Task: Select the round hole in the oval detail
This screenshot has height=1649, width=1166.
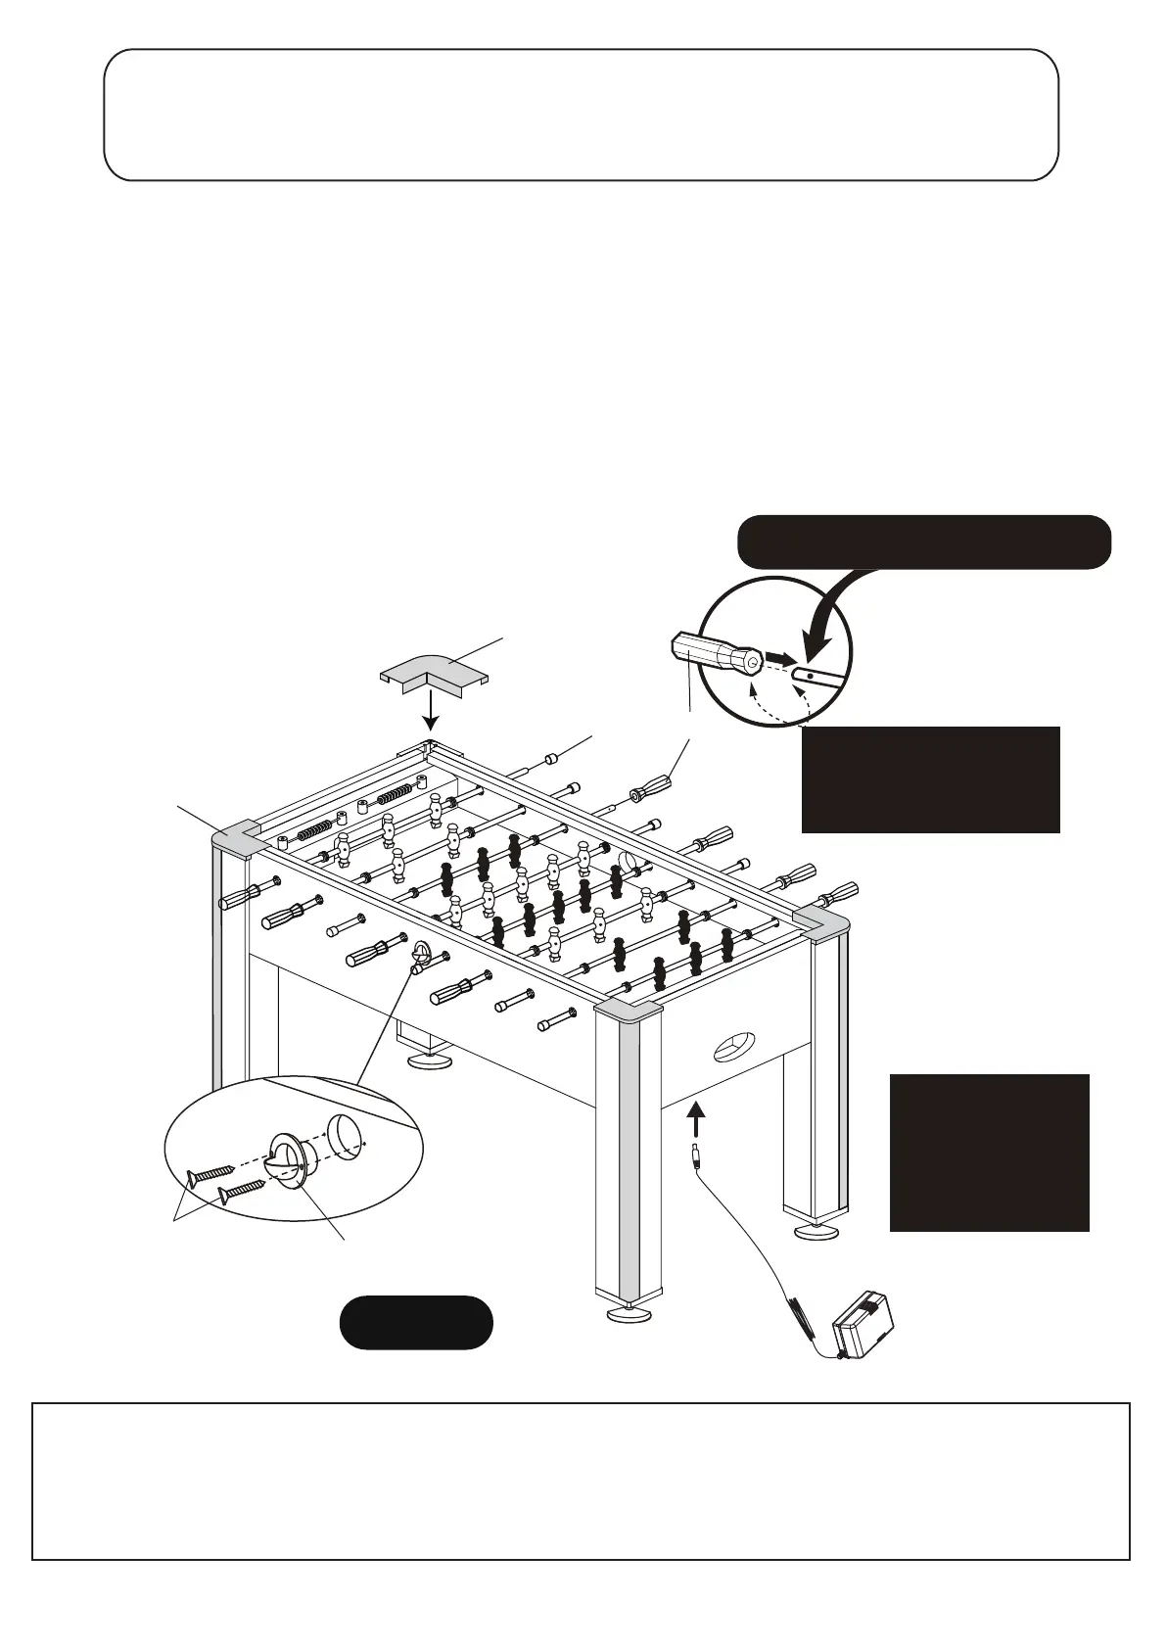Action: coord(345,1135)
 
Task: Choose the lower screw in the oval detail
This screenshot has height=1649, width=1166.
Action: coord(243,1190)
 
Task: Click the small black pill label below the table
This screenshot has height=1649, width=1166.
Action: coord(415,1322)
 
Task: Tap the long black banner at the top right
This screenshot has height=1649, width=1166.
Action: coord(923,542)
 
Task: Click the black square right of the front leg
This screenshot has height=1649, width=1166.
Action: coord(989,1152)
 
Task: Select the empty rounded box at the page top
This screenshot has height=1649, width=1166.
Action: coord(582,115)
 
